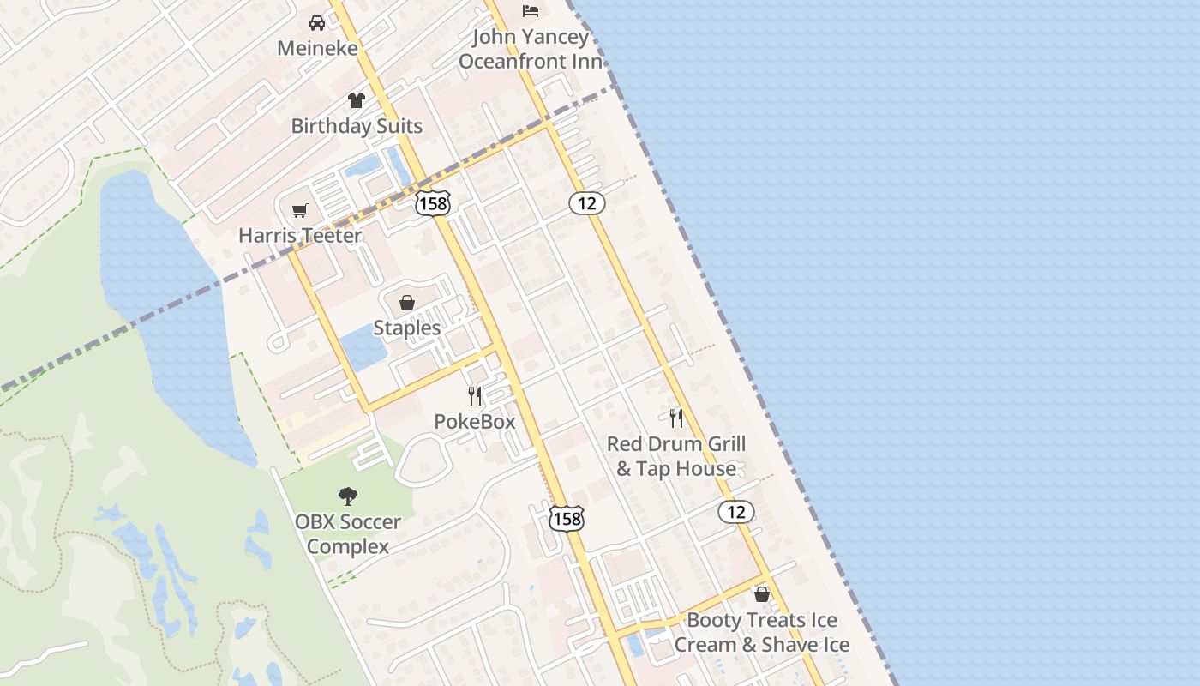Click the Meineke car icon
[317, 23]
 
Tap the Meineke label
[317, 48]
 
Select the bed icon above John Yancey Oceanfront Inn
[531, 11]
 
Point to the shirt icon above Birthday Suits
[357, 100]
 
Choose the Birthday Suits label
[357, 126]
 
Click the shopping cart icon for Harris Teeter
[300, 210]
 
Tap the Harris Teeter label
[300, 235]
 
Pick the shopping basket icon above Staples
[407, 303]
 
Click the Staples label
[407, 328]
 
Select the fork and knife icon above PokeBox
[475, 396]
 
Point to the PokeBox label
[475, 422]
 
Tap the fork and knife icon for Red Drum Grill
[676, 418]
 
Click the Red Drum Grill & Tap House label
[676, 456]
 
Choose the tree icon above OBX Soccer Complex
[347, 496]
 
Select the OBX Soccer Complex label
[347, 534]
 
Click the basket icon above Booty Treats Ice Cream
[762, 594]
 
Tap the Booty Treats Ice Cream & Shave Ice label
[762, 632]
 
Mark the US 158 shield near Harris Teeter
[432, 203]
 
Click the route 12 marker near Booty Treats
[735, 512]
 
